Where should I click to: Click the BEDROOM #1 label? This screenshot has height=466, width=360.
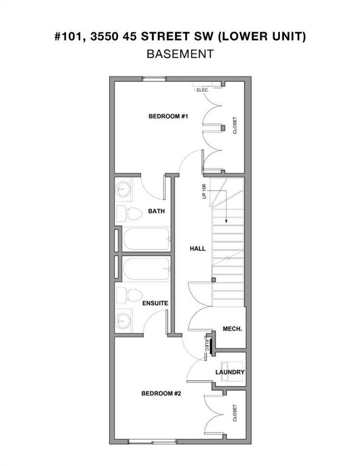pos(168,116)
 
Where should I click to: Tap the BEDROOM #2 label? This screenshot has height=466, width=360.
pos(161,393)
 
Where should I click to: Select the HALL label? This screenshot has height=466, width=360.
pos(198,248)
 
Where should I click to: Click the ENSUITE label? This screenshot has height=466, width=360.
pos(155,302)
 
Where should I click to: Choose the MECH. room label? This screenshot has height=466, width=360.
pos(233,328)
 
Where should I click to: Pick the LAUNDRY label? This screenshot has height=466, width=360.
pos(230,372)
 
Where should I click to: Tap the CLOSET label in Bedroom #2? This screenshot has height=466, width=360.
pos(235,413)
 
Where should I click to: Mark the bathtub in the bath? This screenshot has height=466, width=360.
pos(146,239)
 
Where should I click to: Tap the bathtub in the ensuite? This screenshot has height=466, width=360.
pos(146,269)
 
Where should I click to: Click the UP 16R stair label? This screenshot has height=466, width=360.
pos(205,191)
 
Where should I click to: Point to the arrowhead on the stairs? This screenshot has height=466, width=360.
pos(224,221)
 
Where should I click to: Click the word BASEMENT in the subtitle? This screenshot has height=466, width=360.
pos(180,53)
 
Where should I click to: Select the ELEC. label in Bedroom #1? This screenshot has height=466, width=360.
pos(202,90)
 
